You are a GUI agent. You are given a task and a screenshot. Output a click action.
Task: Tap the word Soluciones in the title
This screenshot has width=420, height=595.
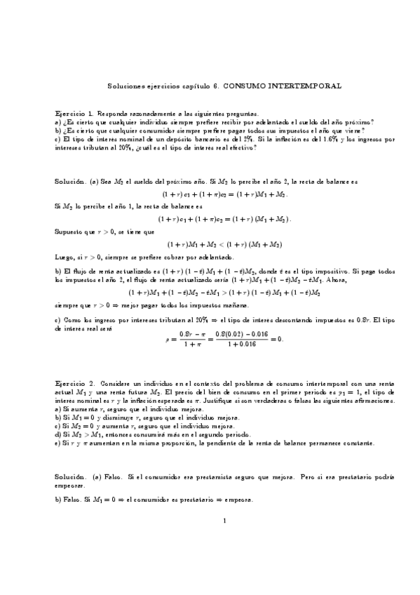click(126, 86)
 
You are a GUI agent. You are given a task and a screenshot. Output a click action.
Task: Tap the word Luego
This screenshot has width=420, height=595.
click(64, 258)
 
